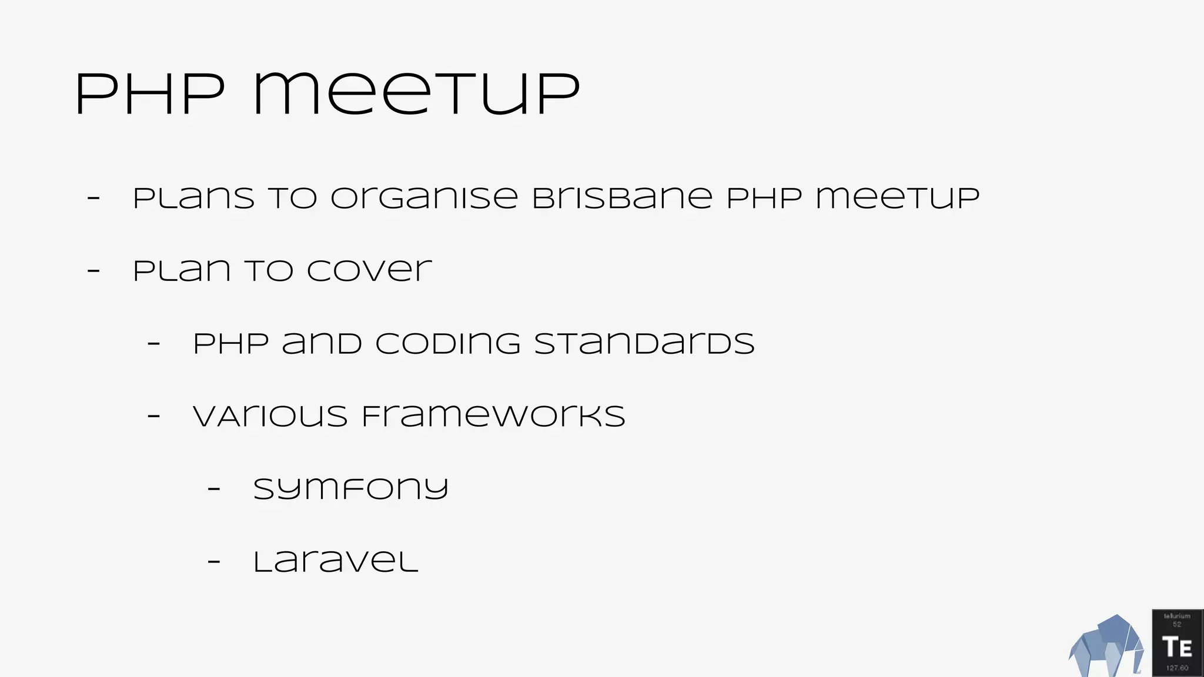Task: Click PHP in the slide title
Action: coord(150,95)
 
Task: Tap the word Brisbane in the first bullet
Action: coord(622,198)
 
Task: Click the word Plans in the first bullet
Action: coord(194,198)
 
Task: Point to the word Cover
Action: coord(369,272)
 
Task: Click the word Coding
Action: coord(448,344)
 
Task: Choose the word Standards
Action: coord(644,344)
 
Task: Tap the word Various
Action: coord(270,417)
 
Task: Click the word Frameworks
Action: coord(493,417)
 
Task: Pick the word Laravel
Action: coord(336,562)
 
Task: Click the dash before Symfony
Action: coord(214,488)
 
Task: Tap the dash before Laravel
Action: coord(214,561)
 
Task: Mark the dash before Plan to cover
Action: coord(93,271)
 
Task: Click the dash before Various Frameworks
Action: coord(153,416)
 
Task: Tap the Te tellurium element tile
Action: coord(1178,643)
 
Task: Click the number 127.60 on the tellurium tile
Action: coord(1177,668)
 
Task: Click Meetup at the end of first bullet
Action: coord(897,198)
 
